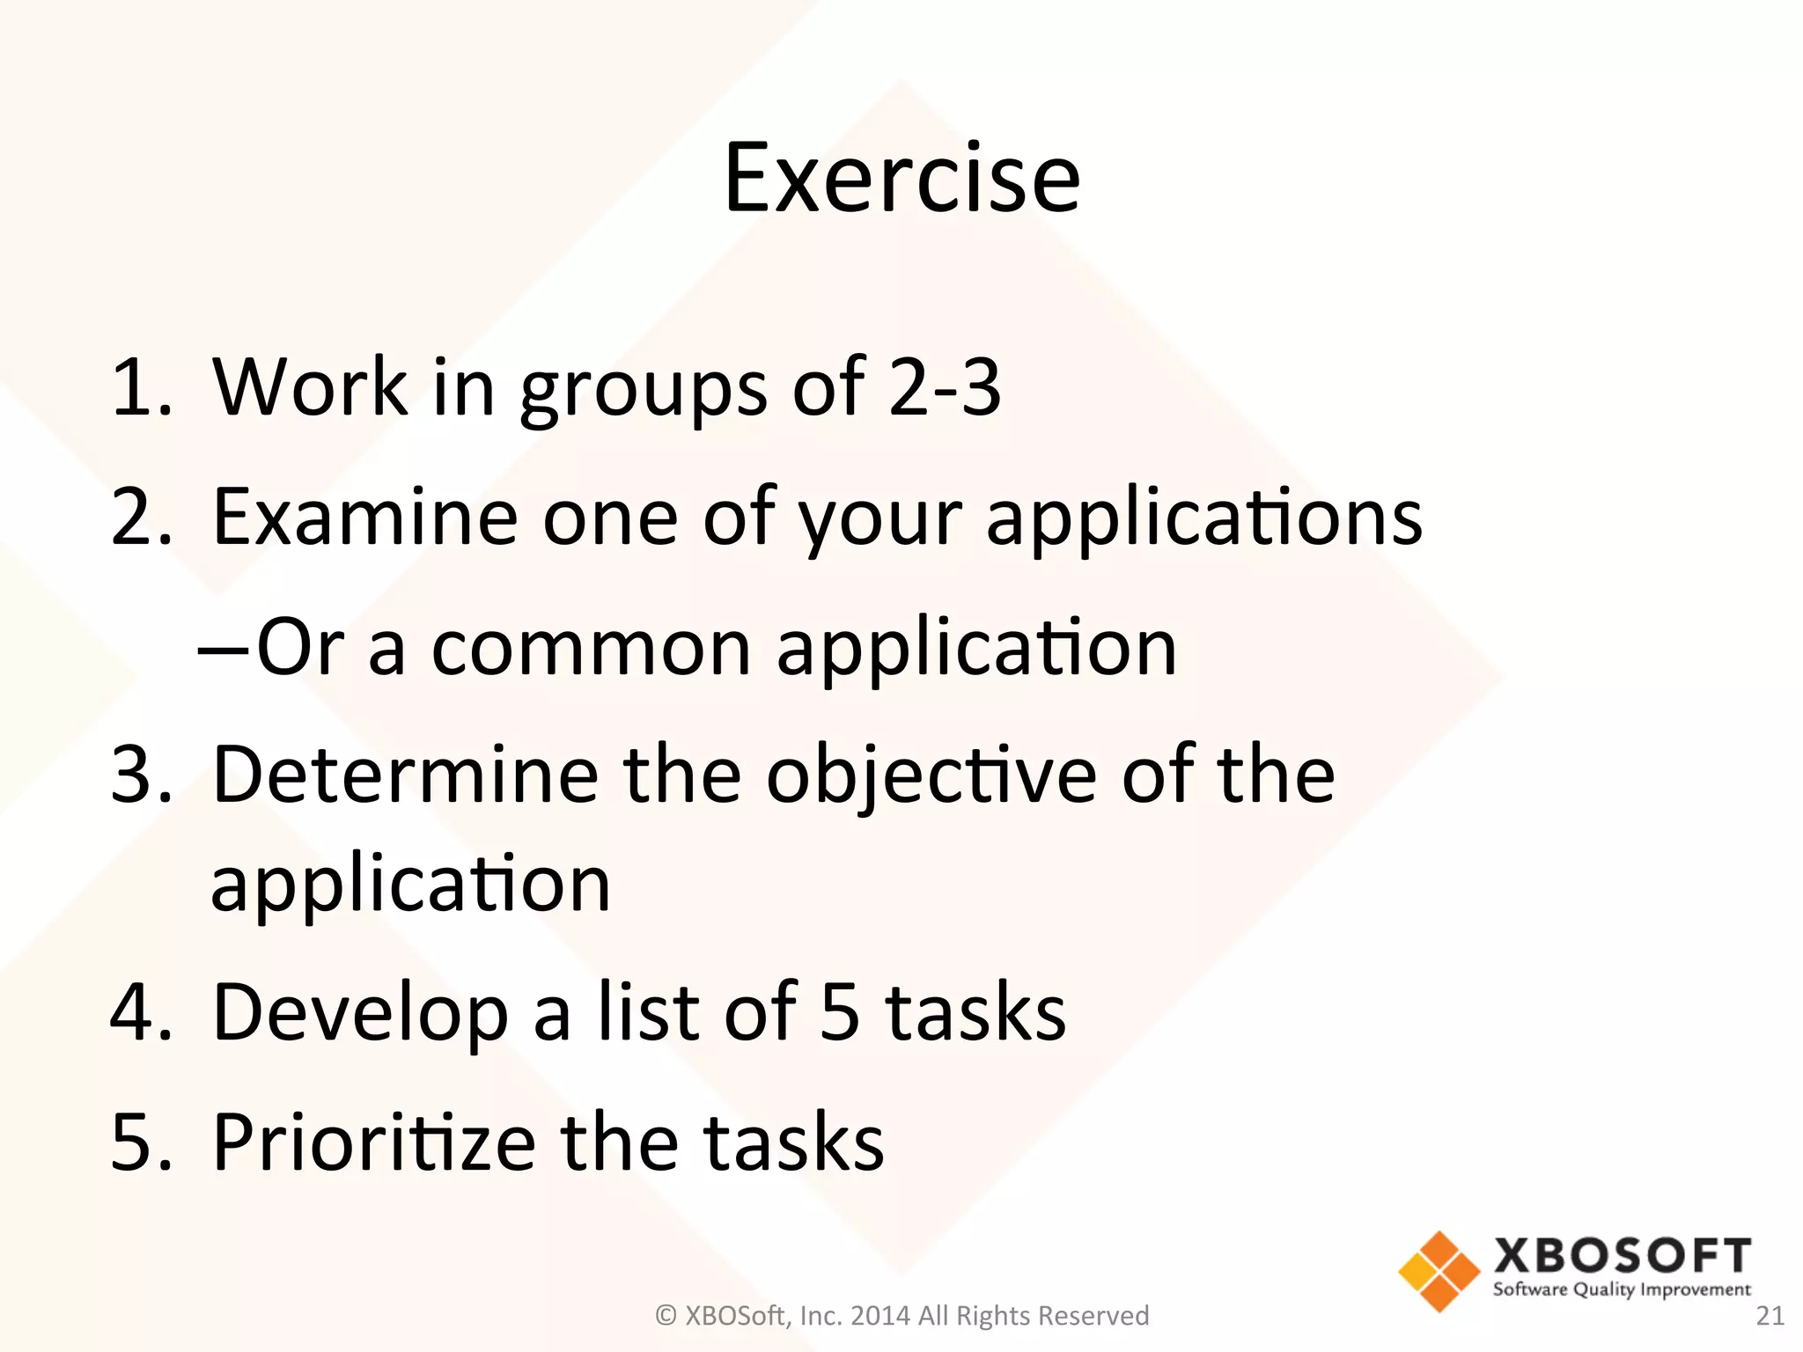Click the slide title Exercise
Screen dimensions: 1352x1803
click(x=901, y=179)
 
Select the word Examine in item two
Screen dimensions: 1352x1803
click(x=364, y=517)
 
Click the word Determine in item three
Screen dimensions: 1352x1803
click(x=405, y=775)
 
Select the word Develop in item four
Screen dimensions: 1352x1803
click(x=361, y=1014)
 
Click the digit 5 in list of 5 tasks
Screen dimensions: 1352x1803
click(x=839, y=1012)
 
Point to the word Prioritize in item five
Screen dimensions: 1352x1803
click(x=373, y=1143)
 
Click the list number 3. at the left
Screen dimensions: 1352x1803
click(x=141, y=775)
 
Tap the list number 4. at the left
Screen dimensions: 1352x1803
click(x=141, y=1012)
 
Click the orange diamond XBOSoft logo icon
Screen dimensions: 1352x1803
click(x=1439, y=1271)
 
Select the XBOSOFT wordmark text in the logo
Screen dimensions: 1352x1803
click(x=1622, y=1256)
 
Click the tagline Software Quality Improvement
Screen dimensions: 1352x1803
click(x=1622, y=1290)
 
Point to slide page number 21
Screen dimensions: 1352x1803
click(x=1770, y=1316)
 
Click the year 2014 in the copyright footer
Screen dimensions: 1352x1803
click(x=880, y=1316)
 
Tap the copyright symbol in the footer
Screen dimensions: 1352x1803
click(x=666, y=1316)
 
